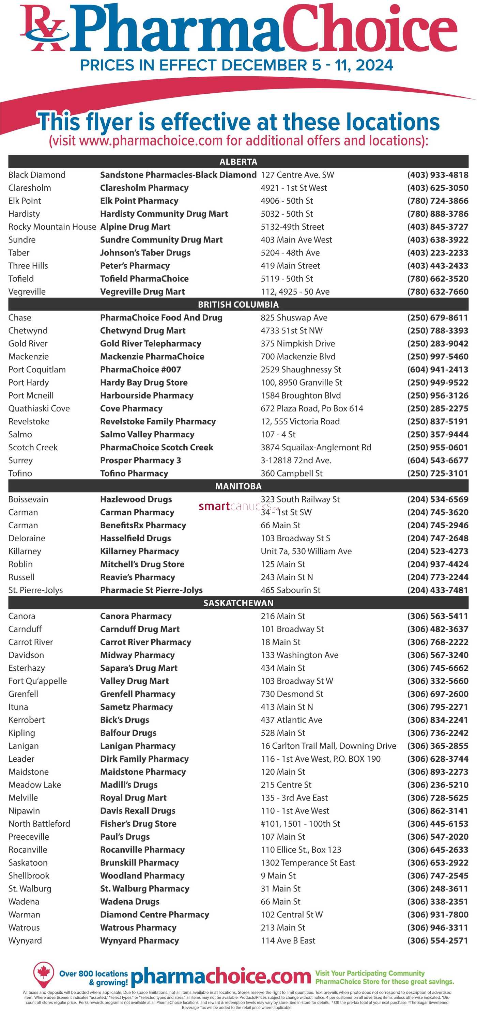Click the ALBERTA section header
click(238, 162)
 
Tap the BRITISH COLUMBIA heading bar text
click(238, 304)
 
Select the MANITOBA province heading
click(238, 486)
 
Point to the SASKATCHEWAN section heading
click(238, 603)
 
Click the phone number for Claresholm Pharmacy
click(437, 188)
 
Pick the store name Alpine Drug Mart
click(135, 227)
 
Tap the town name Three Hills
click(28, 266)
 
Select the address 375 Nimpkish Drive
click(298, 343)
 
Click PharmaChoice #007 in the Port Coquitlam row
click(140, 369)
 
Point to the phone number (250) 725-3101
click(437, 473)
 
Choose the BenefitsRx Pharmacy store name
click(143, 525)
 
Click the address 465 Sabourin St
click(291, 590)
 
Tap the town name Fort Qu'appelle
click(37, 681)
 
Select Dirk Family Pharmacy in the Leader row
click(144, 758)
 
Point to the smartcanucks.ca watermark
click(238, 506)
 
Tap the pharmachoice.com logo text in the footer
click(220, 977)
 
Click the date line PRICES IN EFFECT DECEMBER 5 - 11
click(236, 65)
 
